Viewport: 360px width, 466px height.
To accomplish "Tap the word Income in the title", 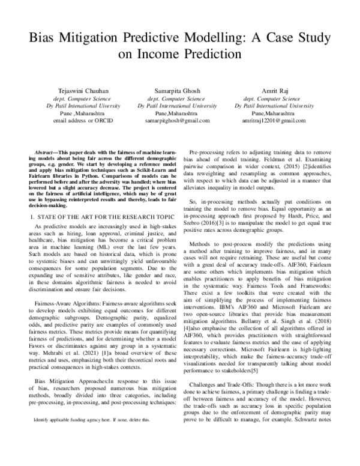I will pos(161,52).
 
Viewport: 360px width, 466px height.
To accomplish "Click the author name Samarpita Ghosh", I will pos(180,91).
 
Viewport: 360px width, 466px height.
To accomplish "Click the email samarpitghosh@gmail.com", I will pos(180,120).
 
